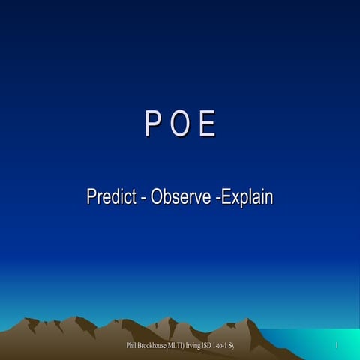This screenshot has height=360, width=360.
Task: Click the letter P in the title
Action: coord(153,125)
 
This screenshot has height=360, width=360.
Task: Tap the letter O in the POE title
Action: coord(180,125)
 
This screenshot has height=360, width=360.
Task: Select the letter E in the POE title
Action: coord(208,125)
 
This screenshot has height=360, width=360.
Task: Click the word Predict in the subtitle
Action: coord(110,198)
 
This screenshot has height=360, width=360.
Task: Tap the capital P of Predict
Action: coord(91,198)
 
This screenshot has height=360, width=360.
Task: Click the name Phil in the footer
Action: coord(133,345)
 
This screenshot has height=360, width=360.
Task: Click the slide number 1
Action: coord(337,345)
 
